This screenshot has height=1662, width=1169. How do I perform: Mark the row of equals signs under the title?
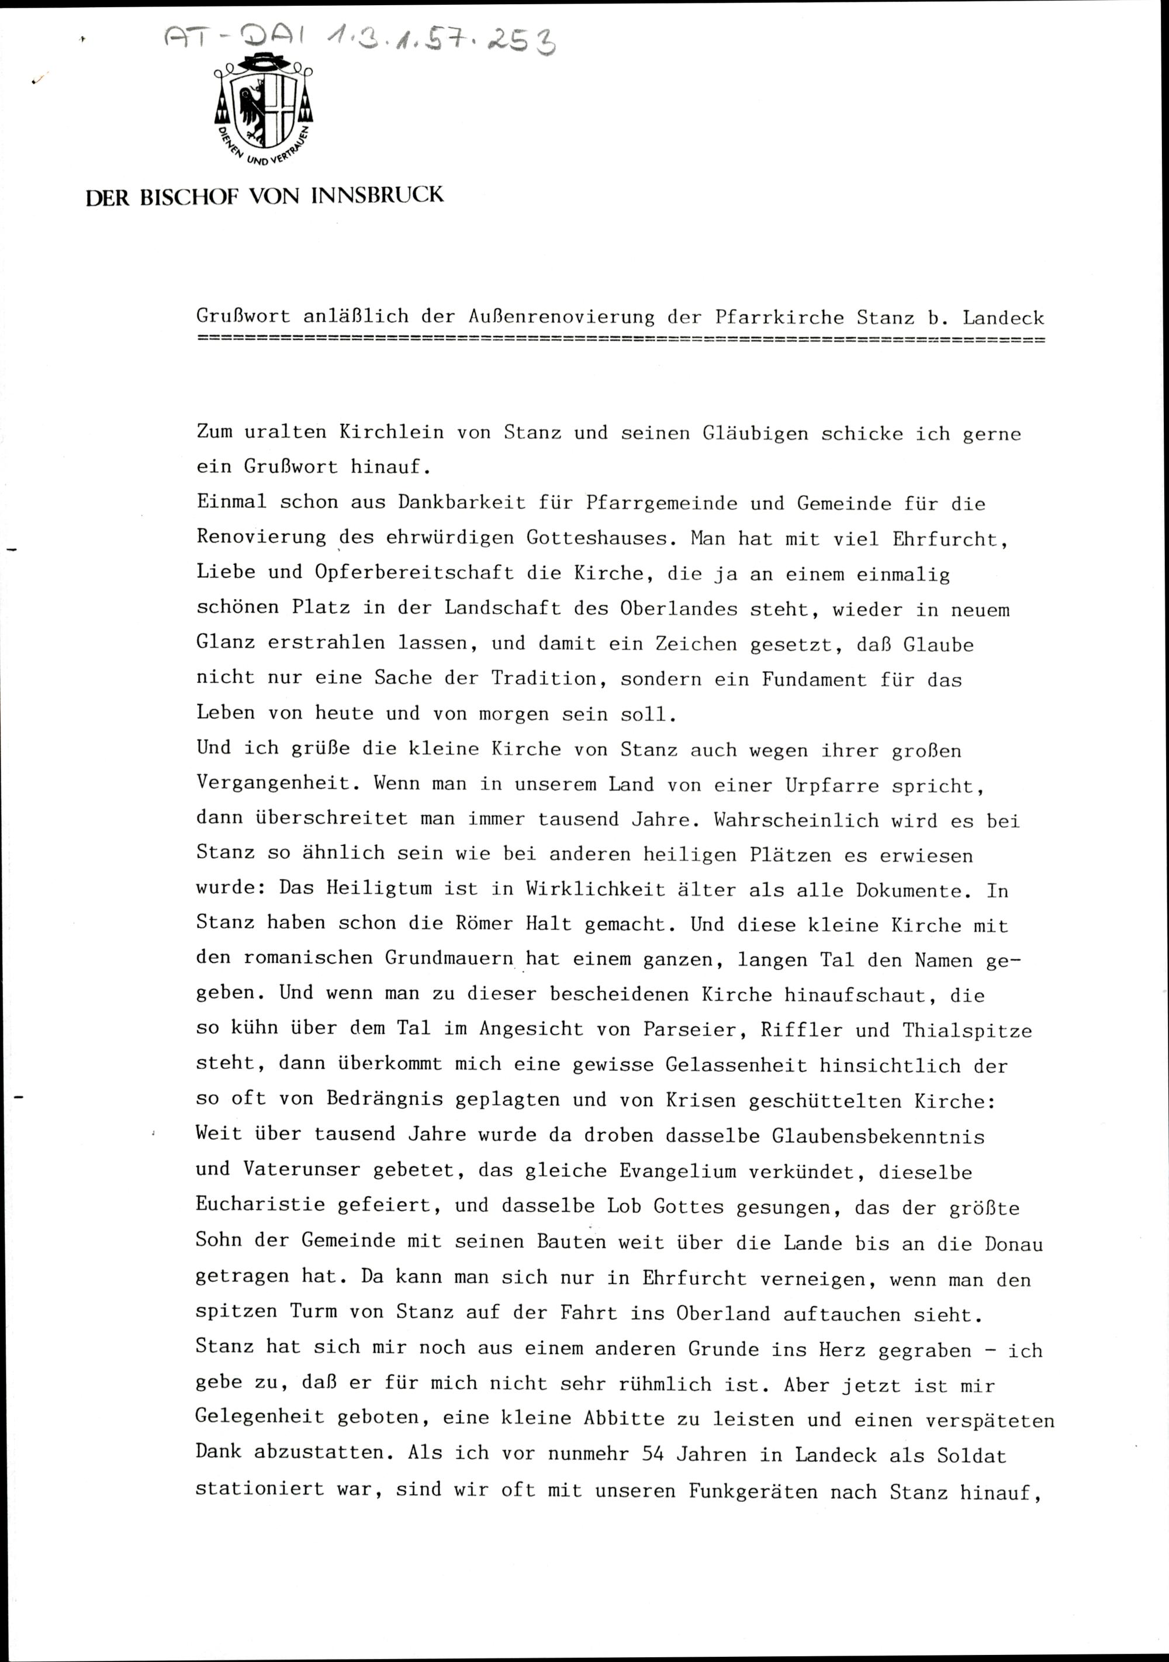(x=620, y=338)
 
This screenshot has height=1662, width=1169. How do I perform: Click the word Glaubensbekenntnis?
(x=878, y=1136)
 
